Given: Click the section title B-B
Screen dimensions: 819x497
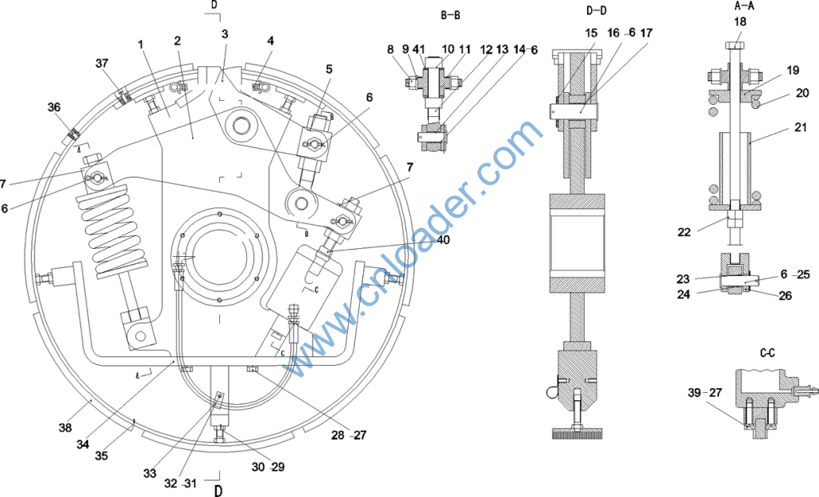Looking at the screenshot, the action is [x=450, y=15].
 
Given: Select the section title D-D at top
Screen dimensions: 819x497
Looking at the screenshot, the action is [x=597, y=10].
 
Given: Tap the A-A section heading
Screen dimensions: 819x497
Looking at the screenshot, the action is [x=744, y=6].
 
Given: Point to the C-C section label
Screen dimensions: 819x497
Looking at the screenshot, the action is [x=767, y=353].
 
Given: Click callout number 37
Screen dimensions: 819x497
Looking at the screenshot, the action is [x=102, y=63].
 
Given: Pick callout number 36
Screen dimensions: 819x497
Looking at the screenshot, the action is [x=54, y=107].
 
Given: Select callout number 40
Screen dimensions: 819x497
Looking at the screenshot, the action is [x=443, y=240].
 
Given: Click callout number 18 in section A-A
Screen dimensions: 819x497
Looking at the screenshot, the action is [x=740, y=22].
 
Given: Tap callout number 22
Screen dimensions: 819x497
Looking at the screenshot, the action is [x=685, y=232].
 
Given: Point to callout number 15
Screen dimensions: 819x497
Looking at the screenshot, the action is [x=591, y=33].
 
